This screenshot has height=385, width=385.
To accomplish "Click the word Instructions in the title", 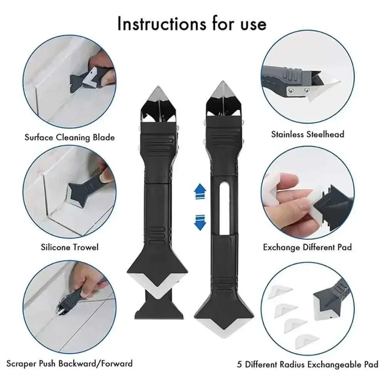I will pos(159,23).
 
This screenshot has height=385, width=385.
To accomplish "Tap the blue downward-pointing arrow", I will pos(199,222).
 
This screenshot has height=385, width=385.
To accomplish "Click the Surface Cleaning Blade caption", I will pos(69,137).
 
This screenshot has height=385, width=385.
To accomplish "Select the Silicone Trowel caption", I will pos(69,247).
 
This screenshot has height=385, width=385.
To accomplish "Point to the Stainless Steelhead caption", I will pos(307,134).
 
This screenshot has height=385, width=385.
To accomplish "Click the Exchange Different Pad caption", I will pos(307,247).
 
